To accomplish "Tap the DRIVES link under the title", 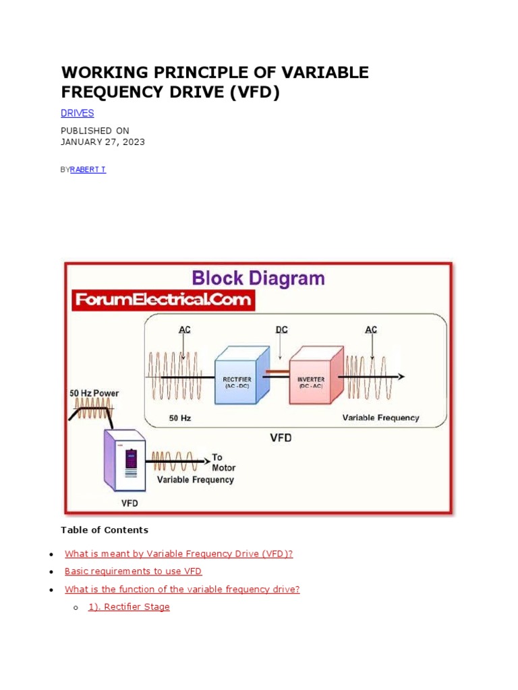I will point(77,113).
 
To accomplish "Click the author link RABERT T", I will point(88,169).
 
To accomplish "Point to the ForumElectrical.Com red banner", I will point(163,300).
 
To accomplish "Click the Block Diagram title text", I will point(258,278).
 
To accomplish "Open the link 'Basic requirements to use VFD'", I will point(133,571).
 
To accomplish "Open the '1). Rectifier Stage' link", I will point(129,606).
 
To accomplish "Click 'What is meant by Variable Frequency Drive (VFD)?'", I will point(179,553).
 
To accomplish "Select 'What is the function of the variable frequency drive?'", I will point(182,589).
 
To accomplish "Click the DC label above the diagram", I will point(282,330).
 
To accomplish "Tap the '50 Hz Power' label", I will point(94,393).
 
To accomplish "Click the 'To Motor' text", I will point(223,462).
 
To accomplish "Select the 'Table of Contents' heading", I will point(105,530).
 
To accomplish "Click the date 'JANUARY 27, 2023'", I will point(103,142).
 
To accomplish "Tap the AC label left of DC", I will point(185,330).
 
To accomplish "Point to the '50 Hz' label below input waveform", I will point(180,418).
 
